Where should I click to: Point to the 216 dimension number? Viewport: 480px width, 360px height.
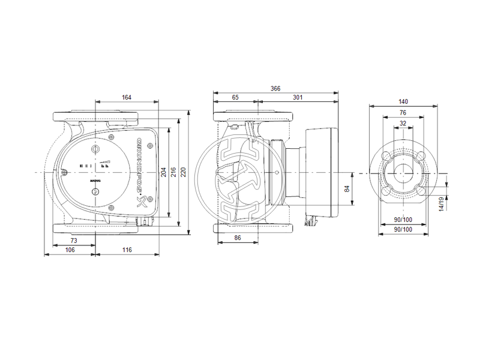[x=175, y=172]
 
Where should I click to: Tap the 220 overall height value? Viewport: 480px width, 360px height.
[x=185, y=172]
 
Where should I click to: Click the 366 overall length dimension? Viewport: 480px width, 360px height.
[x=275, y=88]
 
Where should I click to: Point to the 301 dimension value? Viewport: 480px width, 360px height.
[x=297, y=97]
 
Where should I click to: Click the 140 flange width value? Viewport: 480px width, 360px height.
[x=403, y=102]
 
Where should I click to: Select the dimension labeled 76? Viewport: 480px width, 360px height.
[x=403, y=112]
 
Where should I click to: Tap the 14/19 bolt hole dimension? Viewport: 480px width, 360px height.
[x=442, y=203]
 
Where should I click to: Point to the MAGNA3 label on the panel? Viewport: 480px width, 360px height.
[x=95, y=179]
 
